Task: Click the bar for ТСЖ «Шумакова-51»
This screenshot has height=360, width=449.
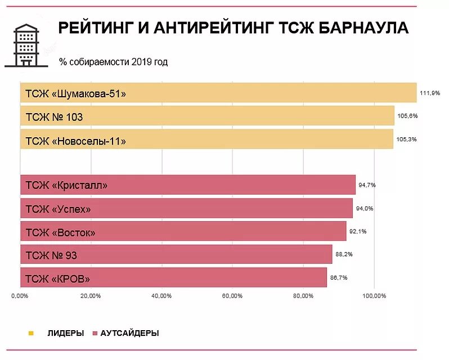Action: coord(218,93)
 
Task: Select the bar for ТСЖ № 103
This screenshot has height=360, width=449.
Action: coord(207,116)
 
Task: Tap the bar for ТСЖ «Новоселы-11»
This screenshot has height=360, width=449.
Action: coord(206,139)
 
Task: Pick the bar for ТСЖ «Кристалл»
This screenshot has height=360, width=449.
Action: coord(188,184)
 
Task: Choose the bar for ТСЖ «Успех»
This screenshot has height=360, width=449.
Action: coord(186,208)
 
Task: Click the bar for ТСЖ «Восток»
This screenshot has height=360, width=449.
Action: coord(183,231)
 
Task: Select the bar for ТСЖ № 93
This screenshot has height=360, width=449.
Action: coord(176,254)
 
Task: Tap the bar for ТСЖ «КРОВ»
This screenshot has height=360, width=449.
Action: coord(173,277)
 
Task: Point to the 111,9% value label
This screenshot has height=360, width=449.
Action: coord(430,93)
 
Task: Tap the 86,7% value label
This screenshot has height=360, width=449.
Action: coord(339,277)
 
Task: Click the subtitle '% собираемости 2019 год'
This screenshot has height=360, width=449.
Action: coord(113,62)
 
